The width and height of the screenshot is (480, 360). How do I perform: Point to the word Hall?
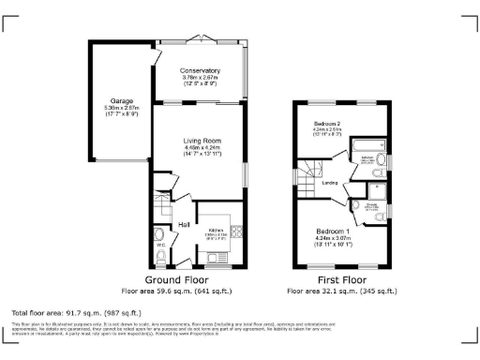coord(186,224)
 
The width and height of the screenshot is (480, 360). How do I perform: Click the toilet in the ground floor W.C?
coord(160,233)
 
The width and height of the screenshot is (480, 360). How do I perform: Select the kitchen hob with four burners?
coord(239,232)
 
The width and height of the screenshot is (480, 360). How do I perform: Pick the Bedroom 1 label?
coord(333,231)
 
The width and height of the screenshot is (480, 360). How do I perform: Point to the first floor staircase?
coord(310,171)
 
